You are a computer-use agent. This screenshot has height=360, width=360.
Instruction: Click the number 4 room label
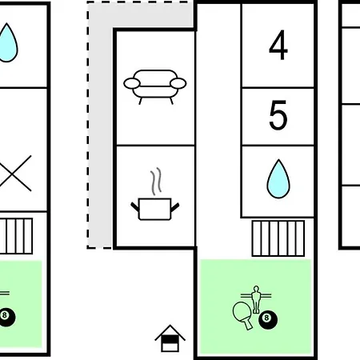278,45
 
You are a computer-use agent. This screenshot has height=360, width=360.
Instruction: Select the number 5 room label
278,115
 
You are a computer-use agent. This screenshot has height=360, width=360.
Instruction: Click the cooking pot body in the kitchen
155,209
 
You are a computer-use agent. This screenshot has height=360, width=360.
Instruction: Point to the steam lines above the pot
156,182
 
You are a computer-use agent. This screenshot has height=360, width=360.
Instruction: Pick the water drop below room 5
278,179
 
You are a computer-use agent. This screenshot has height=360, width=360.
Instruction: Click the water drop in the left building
7,42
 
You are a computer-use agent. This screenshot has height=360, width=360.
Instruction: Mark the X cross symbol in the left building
14,174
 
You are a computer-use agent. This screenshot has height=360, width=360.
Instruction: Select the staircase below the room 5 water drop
278,238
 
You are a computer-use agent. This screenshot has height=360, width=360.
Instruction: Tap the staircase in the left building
16,236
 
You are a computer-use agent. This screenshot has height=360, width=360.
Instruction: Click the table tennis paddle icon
242,315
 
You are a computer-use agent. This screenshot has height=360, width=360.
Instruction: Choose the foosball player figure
256,299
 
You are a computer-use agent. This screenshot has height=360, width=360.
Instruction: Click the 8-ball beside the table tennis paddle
268,319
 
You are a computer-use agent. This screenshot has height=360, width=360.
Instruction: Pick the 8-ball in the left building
6,317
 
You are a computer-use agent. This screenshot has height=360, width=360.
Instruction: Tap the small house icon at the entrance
170,338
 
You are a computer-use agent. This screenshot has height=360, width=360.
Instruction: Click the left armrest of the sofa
132,83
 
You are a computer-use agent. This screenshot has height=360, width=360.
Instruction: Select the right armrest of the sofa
178,83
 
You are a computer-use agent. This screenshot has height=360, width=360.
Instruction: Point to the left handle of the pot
135,206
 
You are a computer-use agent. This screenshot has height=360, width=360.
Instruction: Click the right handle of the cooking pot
175,207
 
